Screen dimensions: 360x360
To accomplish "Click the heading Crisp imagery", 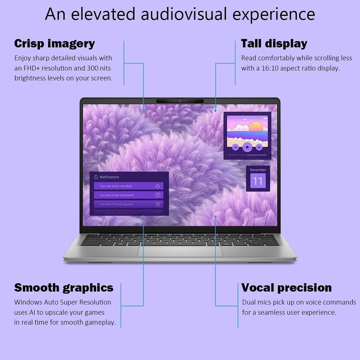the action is (54, 44).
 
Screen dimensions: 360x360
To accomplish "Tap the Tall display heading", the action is (274, 44).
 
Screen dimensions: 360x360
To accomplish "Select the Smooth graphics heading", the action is (64, 288).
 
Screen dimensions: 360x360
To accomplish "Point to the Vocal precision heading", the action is (286, 288).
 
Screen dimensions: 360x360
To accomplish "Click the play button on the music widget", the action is (247, 147).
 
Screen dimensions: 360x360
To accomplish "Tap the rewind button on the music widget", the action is (235, 147).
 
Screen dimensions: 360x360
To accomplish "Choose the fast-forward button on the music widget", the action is (259, 147).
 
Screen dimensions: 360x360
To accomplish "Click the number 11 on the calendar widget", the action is (258, 181).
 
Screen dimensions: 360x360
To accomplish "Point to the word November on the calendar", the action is (258, 170).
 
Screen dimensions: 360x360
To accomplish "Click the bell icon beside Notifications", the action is (96, 177).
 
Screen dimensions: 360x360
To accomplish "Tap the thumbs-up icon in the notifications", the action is (157, 186).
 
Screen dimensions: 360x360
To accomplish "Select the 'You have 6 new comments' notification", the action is (129, 195).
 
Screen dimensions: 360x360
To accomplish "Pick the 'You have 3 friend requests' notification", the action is (129, 204).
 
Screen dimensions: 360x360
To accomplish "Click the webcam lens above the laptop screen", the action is (180, 101).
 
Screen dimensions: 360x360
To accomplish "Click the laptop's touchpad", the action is (180, 251).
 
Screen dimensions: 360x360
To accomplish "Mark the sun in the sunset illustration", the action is (256, 127).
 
